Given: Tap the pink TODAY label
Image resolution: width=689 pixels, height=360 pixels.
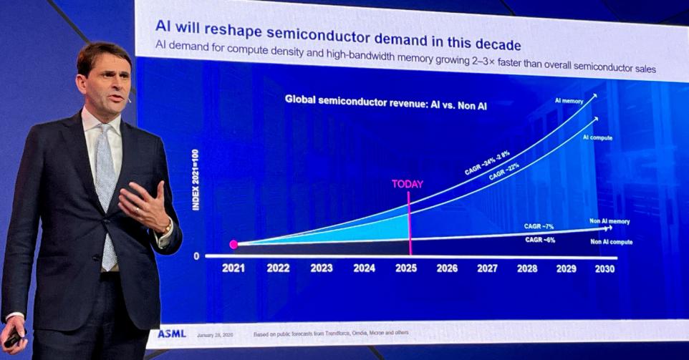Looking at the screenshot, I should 408,184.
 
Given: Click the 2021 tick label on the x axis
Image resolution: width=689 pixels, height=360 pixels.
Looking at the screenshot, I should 233,268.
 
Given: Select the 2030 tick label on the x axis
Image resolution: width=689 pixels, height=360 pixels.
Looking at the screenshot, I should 604,268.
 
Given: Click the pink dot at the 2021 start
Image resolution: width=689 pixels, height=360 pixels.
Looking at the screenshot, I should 233,245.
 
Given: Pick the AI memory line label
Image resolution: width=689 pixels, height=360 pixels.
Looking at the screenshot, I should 569,101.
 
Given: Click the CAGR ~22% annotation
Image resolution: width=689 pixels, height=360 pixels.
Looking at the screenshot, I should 504,172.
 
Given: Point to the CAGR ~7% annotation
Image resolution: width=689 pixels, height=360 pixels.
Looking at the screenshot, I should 539,226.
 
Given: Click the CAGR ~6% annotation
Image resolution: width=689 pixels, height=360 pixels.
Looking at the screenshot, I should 540,240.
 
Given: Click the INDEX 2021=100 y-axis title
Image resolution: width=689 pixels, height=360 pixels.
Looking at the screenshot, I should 196,180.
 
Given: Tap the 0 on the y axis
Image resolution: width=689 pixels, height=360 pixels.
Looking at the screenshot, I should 196,256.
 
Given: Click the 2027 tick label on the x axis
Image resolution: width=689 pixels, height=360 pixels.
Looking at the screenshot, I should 487,268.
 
